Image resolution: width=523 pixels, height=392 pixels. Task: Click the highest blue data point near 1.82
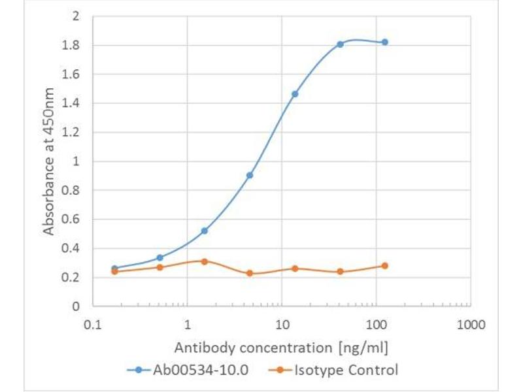(x=384, y=42)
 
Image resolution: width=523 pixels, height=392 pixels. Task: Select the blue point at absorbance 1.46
(x=295, y=94)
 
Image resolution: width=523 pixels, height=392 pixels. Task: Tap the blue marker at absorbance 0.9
(x=250, y=175)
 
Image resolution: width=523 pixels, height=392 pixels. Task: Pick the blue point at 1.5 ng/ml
(x=205, y=231)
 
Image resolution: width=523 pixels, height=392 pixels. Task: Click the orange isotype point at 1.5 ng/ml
(x=205, y=261)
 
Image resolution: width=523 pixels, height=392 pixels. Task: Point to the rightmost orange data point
(x=384, y=266)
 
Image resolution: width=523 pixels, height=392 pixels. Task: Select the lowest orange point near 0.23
(x=250, y=273)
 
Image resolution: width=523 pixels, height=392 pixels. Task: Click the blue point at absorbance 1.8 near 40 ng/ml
(x=340, y=44)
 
